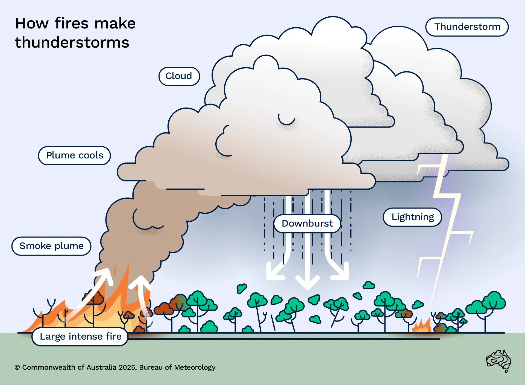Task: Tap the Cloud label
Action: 179,76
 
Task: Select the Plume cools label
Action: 74,155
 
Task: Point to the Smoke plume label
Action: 51,246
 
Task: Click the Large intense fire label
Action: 80,336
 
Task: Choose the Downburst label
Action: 307,224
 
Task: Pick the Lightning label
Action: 412,217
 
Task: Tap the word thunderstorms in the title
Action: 72,42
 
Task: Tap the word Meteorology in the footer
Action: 195,367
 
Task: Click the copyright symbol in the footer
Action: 17,367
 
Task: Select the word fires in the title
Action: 72,23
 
